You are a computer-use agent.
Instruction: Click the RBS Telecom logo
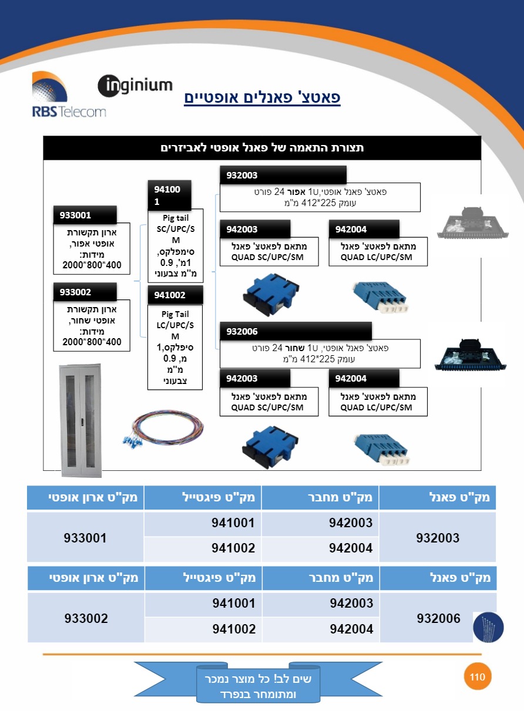coord(69,95)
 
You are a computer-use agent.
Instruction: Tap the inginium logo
coord(135,86)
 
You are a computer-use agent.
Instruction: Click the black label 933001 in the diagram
coord(85,215)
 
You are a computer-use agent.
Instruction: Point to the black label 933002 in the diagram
coord(85,292)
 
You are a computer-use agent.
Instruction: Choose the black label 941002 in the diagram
coord(175,295)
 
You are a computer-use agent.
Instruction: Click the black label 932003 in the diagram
coord(283,175)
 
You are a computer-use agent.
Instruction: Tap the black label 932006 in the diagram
coord(295,331)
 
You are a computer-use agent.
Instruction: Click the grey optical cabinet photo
coord(80,420)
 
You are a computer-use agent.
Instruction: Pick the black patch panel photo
coord(471,355)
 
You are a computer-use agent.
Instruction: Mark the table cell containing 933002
coord(86,618)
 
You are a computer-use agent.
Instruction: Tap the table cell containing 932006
coord(438,618)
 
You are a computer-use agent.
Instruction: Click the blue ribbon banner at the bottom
coord(258,686)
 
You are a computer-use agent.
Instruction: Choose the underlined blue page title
coord(263,97)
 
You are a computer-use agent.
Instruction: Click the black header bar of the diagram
coord(262,147)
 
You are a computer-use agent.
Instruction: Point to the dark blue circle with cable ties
coord(488,628)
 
